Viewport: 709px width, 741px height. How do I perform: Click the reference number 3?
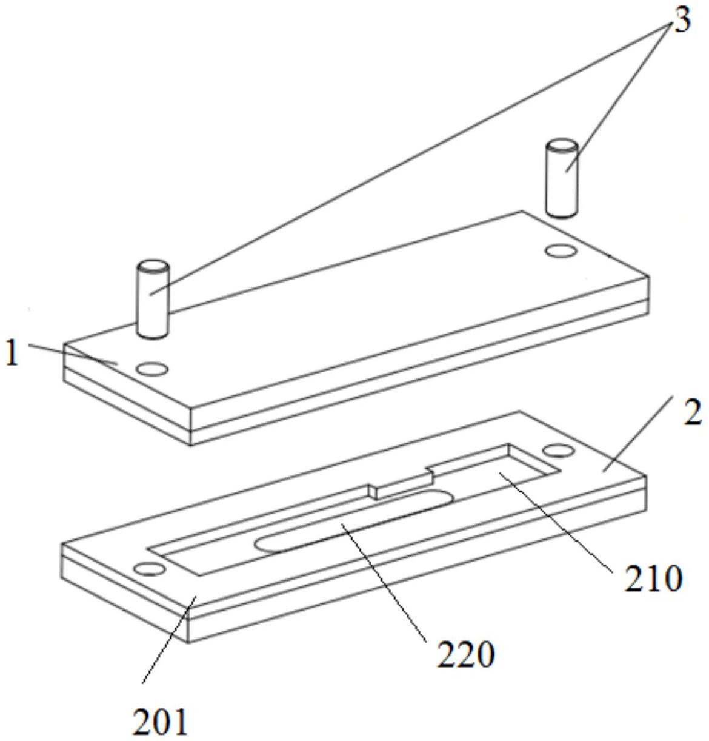pos(682,21)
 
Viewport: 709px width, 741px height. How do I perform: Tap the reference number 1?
pos(13,354)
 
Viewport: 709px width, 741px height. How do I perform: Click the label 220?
pos(465,654)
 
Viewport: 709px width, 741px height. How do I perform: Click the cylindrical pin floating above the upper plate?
pos(562,179)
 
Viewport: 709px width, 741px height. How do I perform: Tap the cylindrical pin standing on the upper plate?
pos(153,300)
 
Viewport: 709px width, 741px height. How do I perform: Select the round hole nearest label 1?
pos(152,369)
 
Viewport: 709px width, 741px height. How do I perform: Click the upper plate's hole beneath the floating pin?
pos(560,250)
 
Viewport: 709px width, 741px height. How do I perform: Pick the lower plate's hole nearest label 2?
pos(558,451)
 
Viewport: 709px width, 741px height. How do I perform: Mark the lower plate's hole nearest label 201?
pos(150,569)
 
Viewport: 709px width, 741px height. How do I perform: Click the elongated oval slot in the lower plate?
pos(354,520)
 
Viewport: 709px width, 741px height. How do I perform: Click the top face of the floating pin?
pos(562,146)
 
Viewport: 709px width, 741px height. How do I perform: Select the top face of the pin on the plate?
pos(153,266)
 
